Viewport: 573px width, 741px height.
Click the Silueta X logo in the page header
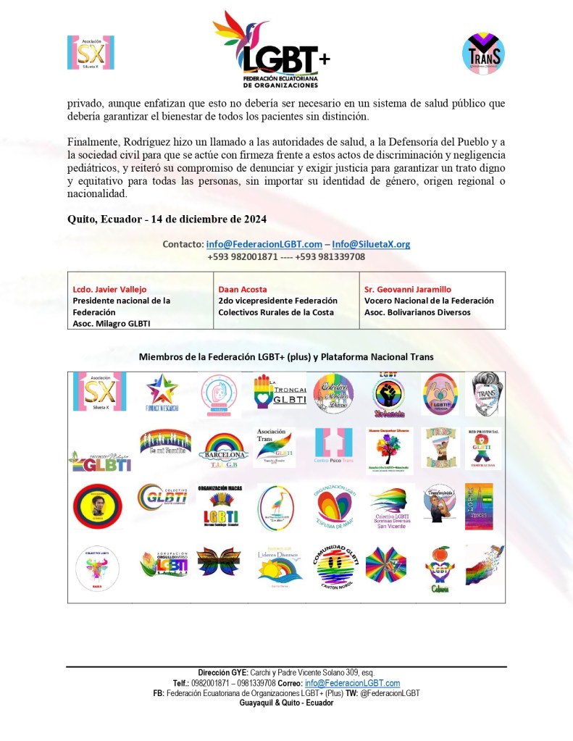click(x=91, y=52)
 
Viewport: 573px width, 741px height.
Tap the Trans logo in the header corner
click(x=483, y=53)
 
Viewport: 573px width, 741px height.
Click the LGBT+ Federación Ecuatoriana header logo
click(x=272, y=49)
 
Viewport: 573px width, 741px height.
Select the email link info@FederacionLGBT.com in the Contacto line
click(x=264, y=244)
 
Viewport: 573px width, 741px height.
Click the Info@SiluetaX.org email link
click(x=371, y=244)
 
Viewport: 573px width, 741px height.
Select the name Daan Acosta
click(x=243, y=289)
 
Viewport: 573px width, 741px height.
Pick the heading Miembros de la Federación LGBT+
click(x=286, y=356)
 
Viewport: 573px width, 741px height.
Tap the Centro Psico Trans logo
click(x=332, y=448)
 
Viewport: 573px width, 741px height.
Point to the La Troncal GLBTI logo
click(x=280, y=392)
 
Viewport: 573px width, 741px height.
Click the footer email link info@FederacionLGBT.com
click(x=352, y=683)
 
